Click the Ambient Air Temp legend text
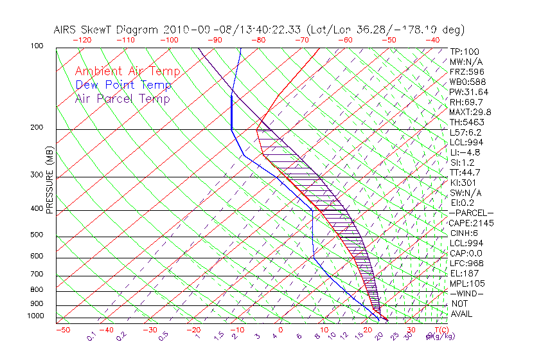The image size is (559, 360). point(127,71)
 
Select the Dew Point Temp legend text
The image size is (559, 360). point(123,85)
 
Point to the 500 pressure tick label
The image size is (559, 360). point(37,236)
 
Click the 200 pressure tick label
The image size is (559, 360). point(37,128)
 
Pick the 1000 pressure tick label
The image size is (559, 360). point(35,316)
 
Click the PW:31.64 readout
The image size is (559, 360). point(469,92)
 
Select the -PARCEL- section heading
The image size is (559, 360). point(471,213)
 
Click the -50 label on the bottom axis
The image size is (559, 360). point(62,330)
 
